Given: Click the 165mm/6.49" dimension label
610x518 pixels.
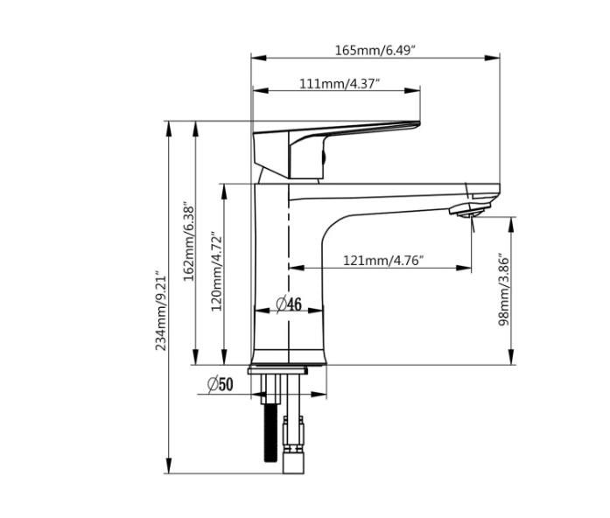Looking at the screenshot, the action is pos(375,50).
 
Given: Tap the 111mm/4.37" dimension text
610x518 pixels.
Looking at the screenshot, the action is pos(340,84).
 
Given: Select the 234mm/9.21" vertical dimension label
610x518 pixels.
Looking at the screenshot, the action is pos(161,312).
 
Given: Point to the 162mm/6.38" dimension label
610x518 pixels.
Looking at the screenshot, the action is pos(188,241).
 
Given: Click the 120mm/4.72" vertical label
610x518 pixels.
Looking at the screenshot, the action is pos(216,271).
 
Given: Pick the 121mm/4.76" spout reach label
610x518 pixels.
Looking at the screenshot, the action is pos(382,260).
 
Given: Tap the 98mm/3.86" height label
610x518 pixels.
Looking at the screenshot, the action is pos(503,290).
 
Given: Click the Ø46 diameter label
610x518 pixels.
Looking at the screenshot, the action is pos(289,304).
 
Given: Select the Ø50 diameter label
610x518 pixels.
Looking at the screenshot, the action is pos(221,385).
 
